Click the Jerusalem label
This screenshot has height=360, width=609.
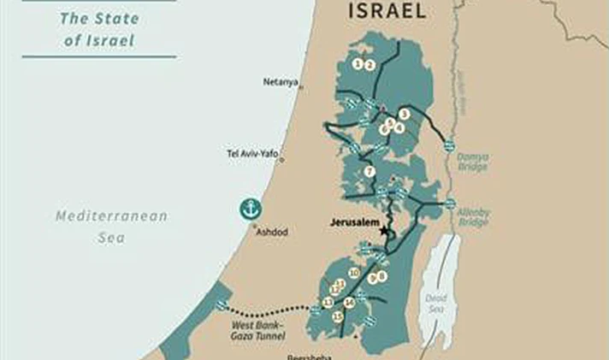tap(354, 221)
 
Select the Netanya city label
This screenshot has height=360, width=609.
tap(281, 82)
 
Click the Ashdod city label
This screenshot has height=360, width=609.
tap(272, 232)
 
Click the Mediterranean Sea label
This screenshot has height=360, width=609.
tap(111, 226)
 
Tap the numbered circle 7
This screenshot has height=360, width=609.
tap(370, 171)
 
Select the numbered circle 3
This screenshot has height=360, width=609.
tap(404, 114)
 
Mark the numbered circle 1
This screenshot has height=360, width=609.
tap(358, 64)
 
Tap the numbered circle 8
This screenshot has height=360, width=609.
tap(382, 275)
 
